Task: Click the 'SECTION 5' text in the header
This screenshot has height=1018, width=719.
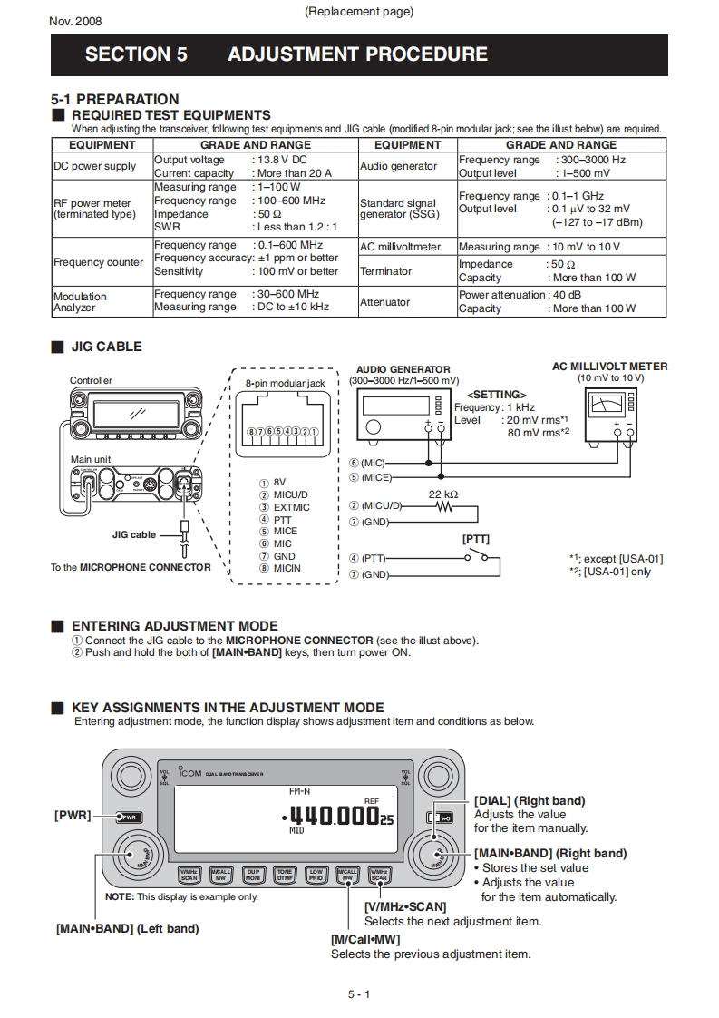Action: click(x=136, y=54)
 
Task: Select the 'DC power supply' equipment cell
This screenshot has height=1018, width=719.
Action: click(x=94, y=166)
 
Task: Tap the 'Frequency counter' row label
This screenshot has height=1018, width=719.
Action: click(x=98, y=262)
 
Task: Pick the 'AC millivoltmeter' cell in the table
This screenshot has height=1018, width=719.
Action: click(x=400, y=247)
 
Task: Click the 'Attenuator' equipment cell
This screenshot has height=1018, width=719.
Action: click(x=384, y=301)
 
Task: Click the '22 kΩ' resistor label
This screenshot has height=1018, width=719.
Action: click(x=443, y=494)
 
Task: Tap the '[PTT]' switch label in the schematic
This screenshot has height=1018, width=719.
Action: click(x=476, y=539)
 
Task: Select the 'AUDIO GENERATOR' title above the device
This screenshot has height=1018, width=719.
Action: click(x=403, y=370)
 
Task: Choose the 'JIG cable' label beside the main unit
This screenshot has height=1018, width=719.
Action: click(x=134, y=535)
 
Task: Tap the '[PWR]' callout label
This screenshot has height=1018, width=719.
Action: click(x=73, y=815)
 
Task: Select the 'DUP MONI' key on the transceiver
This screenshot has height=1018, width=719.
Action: click(x=253, y=875)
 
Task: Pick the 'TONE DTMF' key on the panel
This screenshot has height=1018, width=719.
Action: click(x=285, y=875)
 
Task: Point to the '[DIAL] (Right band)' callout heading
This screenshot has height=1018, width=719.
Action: click(x=530, y=800)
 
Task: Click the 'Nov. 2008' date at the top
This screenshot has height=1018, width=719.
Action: click(x=75, y=21)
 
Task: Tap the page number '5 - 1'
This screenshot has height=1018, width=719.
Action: click(x=359, y=994)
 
